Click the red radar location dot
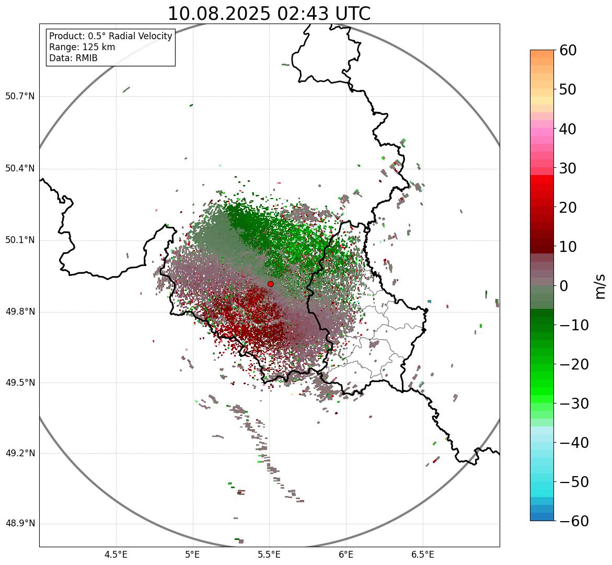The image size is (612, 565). (270, 284)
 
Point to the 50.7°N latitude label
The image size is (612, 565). (20, 97)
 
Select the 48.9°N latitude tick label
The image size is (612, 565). (20, 524)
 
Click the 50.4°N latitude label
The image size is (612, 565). (20, 168)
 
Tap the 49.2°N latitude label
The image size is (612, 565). (20, 453)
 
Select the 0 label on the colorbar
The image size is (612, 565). (564, 286)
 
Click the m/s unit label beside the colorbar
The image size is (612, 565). (600, 286)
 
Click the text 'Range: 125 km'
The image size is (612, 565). (82, 47)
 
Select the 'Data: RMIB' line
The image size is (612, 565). (73, 58)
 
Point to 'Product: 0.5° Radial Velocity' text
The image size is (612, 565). (110, 36)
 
